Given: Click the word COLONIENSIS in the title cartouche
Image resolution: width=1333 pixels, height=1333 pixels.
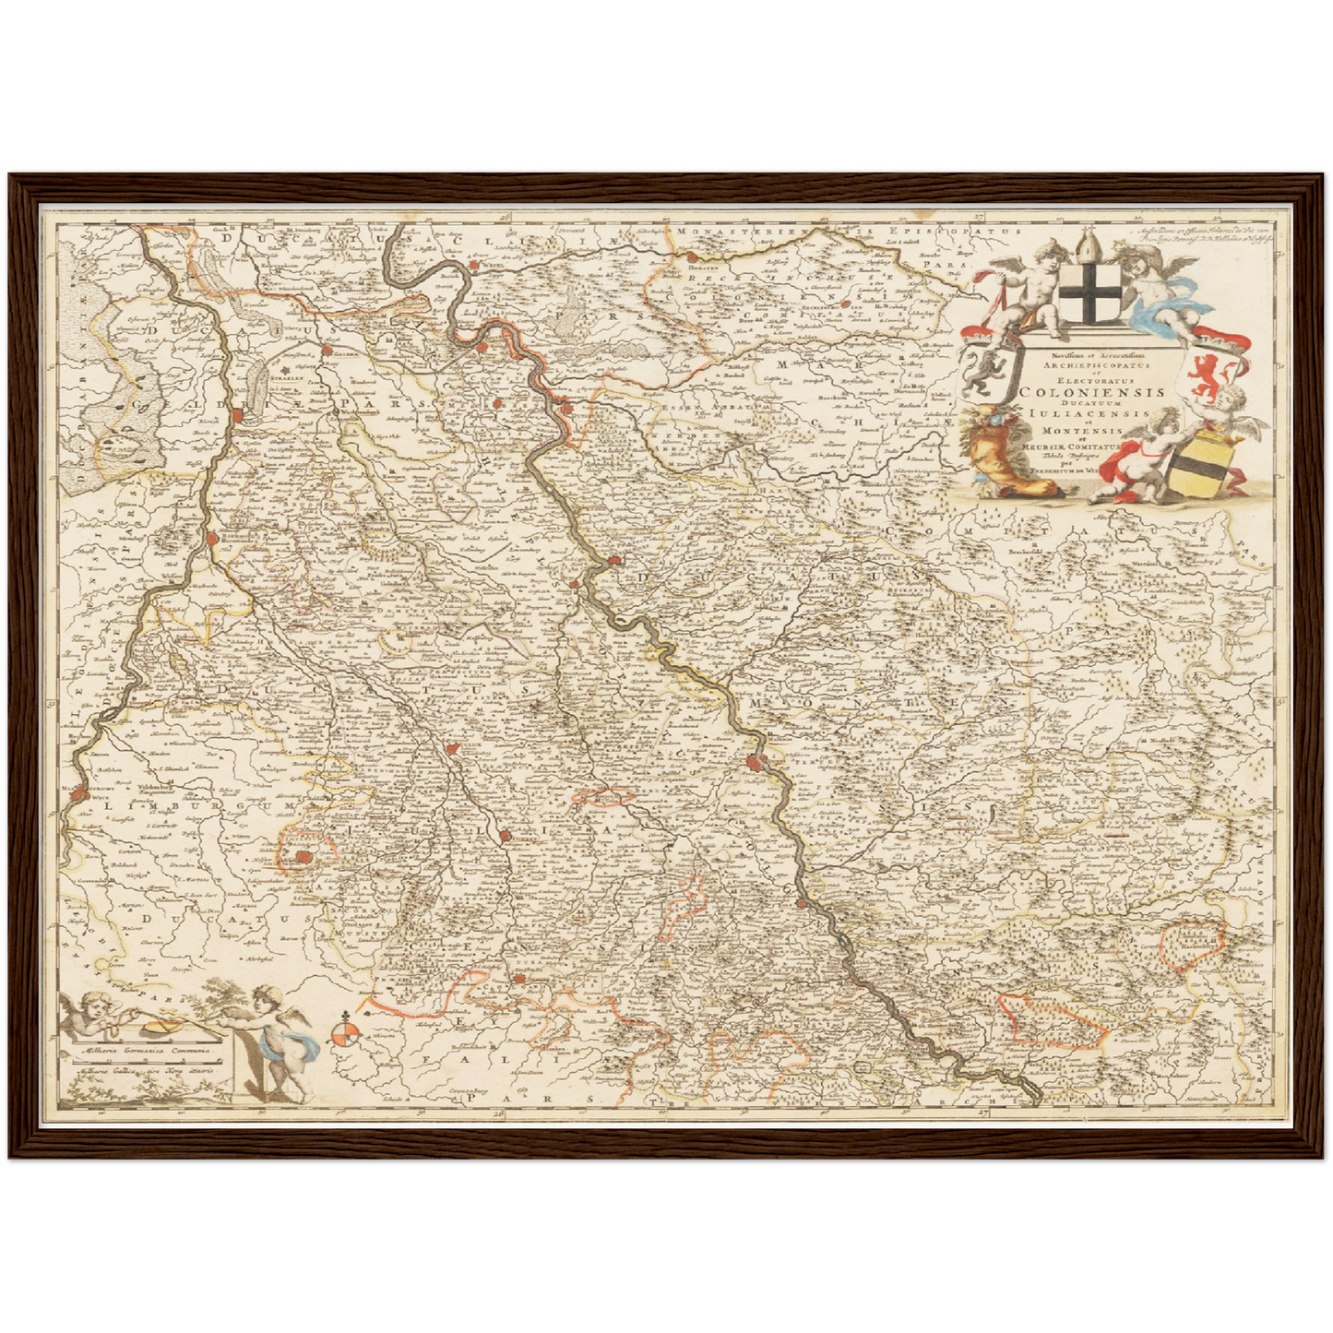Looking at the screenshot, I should (1091, 390).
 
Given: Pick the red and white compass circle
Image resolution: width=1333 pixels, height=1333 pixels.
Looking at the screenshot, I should (345, 1033).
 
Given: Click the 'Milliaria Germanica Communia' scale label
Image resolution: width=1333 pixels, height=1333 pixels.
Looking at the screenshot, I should (144, 1049).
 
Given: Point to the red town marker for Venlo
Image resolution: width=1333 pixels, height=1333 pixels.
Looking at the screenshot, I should (239, 416).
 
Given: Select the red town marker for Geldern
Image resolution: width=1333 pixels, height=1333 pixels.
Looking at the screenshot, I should (326, 351).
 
